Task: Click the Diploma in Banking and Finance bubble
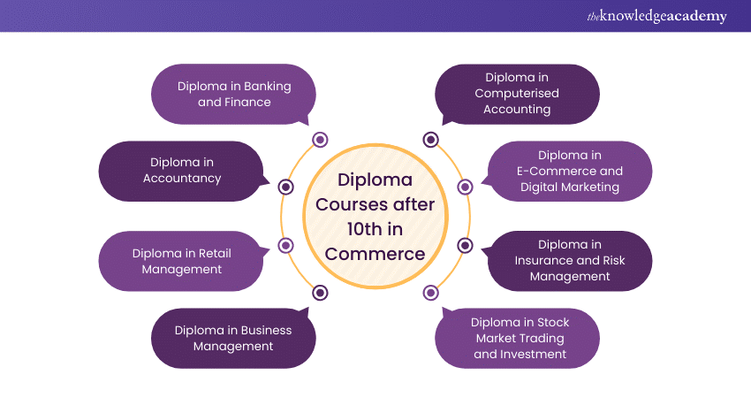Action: click(233, 94)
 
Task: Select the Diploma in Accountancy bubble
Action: click(181, 171)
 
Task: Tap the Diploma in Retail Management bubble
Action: click(181, 260)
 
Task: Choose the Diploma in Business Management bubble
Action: click(232, 338)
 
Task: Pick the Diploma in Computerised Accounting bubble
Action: click(517, 94)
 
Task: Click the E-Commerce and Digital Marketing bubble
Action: click(570, 171)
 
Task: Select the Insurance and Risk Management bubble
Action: click(570, 260)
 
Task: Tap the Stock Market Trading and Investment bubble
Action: click(519, 338)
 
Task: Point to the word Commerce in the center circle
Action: click(375, 254)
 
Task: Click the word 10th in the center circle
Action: click(347, 229)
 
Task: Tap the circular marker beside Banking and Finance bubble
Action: click(320, 140)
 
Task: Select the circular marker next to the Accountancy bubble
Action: click(285, 187)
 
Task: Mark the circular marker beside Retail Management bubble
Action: click(285, 245)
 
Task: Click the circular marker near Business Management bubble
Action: click(320, 293)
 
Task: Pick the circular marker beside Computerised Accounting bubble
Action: click(430, 140)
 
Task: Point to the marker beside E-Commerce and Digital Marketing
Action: click(466, 187)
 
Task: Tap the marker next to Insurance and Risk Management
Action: click(466, 245)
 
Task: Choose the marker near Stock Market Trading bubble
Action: click(430, 293)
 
